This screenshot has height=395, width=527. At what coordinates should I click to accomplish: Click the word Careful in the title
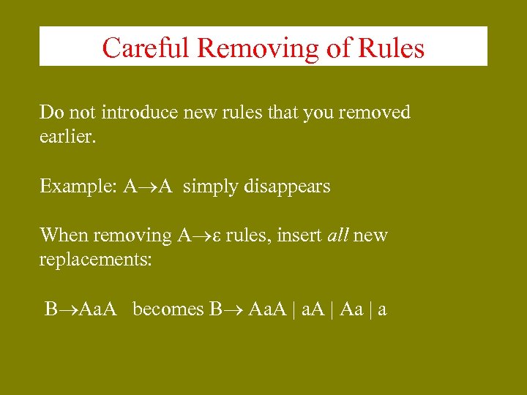(146, 48)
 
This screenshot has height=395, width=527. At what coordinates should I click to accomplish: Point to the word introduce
(134, 112)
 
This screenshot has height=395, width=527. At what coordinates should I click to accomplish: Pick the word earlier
(67, 137)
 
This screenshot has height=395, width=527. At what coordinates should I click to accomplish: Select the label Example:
(78, 187)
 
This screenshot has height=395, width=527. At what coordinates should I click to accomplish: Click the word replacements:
(95, 260)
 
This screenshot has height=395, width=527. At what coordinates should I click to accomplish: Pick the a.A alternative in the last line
(313, 309)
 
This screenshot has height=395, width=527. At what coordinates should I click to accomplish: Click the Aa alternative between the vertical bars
(351, 309)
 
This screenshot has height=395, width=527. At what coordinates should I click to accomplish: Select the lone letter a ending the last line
(382, 310)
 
